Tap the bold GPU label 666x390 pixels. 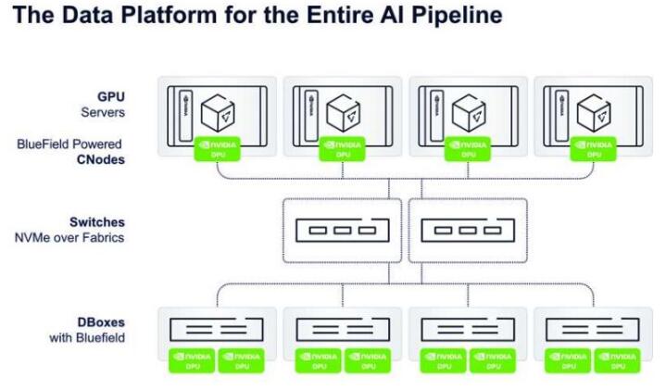111,95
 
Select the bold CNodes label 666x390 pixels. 102,159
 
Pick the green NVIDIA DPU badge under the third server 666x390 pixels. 468,148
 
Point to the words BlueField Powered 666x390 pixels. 69,145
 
